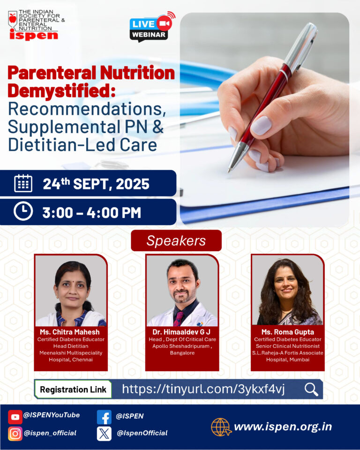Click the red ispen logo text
(x=34, y=35)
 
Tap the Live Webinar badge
(x=151, y=27)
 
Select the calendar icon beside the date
(x=23, y=183)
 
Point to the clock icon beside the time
(x=23, y=211)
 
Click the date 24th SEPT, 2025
(x=96, y=184)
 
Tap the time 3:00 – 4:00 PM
(x=92, y=213)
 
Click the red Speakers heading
(x=176, y=240)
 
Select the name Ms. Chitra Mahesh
(x=70, y=332)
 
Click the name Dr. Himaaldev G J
(x=181, y=332)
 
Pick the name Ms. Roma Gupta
(x=288, y=332)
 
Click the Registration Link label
(x=73, y=390)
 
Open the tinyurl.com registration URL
(x=203, y=389)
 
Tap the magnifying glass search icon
(x=311, y=390)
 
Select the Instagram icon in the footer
(x=15, y=434)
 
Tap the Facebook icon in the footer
(x=104, y=417)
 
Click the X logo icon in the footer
(x=104, y=434)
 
